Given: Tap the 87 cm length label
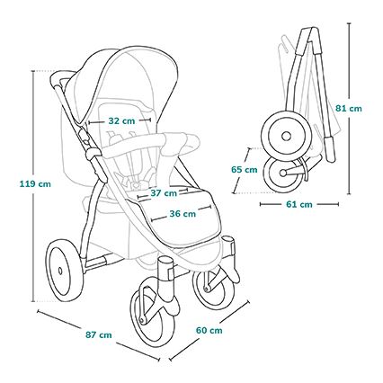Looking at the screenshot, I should click(x=98, y=335).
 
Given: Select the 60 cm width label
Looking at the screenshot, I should click(x=209, y=330).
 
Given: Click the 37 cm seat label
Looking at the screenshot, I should click(x=163, y=192).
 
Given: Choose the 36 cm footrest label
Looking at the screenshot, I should click(x=182, y=214).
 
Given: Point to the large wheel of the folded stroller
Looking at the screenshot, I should click(x=287, y=136).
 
